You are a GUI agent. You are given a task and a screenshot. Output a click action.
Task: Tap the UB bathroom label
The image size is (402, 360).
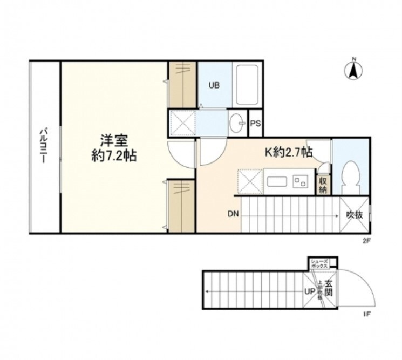pos(214,85)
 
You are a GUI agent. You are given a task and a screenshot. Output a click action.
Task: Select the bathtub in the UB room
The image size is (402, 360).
pos(248,85)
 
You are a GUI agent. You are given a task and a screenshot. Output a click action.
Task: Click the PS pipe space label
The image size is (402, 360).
pos(256,124)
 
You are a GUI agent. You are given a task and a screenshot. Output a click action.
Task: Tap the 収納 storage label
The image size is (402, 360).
pos(323,185)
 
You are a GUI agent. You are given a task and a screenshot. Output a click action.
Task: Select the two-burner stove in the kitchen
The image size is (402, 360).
pos(301,182)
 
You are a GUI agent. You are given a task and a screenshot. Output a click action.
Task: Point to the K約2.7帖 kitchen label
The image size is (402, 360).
pos(288,152)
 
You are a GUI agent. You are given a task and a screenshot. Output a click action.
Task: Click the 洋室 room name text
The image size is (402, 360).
pos(113,141)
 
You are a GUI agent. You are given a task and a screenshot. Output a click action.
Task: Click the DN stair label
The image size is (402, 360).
pos(233,214)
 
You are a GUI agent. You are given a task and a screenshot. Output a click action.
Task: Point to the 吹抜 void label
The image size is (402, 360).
pos(354,214)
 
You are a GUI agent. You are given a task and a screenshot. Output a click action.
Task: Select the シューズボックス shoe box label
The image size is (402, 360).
pos(319,263)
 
